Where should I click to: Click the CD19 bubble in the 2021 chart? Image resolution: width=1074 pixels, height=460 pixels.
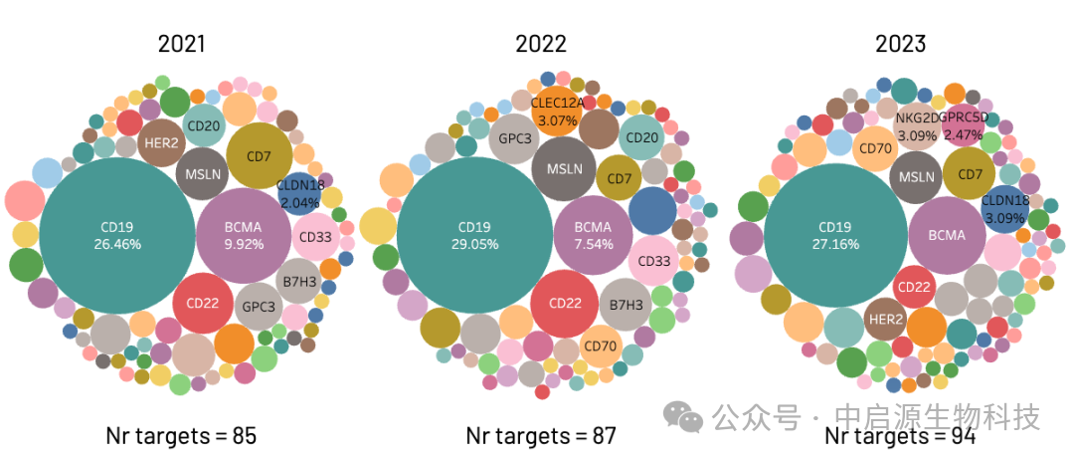pos(117,235)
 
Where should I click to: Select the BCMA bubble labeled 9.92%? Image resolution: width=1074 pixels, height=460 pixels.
pos(243,235)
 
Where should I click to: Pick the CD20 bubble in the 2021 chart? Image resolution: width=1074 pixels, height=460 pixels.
pos(204,125)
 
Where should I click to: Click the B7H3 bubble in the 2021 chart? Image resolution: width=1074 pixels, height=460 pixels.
pos(299,282)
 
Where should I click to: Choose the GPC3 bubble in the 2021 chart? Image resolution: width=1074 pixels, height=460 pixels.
pos(259,307)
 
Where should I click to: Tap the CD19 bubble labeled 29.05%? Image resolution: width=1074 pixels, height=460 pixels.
pos(474,235)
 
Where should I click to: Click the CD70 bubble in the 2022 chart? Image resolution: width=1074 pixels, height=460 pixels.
pos(601,345)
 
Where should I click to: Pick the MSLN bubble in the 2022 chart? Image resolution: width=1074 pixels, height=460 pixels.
pos(564,169)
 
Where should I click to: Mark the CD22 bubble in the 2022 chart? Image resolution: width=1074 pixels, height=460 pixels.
pos(564,303)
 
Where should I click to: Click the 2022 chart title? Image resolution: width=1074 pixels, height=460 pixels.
pos(541,43)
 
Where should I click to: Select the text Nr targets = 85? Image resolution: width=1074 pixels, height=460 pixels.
pos(182,435)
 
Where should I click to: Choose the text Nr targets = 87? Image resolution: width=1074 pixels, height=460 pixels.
pos(541,435)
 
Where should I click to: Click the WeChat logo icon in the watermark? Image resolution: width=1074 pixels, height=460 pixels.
pos(683,414)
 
